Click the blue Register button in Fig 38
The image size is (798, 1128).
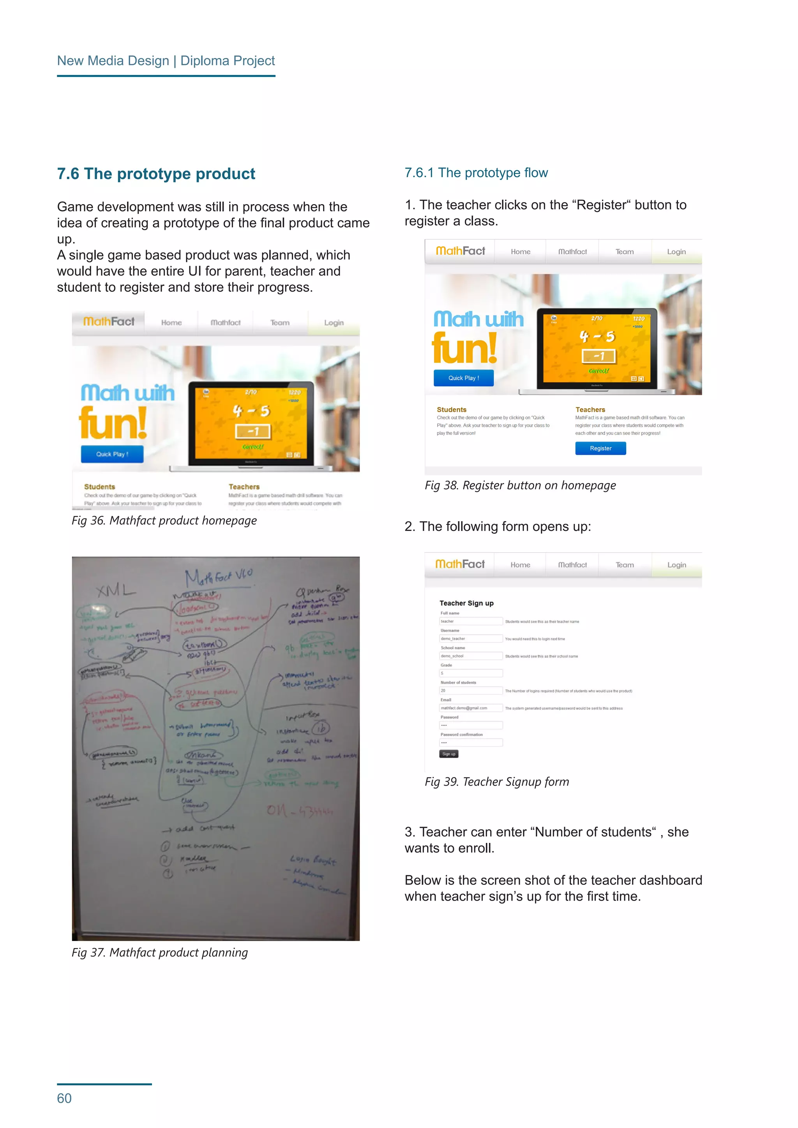[600, 448]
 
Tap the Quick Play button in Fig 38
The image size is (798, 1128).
[463, 378]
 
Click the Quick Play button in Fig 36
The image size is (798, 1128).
[112, 454]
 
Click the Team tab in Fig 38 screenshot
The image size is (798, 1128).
[625, 252]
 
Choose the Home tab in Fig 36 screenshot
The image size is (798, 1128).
[171, 323]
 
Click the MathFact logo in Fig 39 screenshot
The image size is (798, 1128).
[460, 564]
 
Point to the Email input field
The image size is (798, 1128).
[471, 708]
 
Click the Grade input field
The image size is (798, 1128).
[471, 673]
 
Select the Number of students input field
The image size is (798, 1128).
[471, 690]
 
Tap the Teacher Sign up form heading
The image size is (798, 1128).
[466, 603]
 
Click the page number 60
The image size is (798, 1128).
[64, 1098]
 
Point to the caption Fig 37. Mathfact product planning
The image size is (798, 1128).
[160, 953]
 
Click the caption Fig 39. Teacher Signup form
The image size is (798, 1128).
[497, 782]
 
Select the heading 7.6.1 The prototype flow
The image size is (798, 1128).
[476, 173]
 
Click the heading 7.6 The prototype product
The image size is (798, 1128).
[156, 174]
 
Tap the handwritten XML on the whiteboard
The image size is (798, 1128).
[116, 590]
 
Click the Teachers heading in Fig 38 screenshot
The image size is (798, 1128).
[590, 410]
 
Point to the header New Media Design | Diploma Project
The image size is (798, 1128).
[166, 61]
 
